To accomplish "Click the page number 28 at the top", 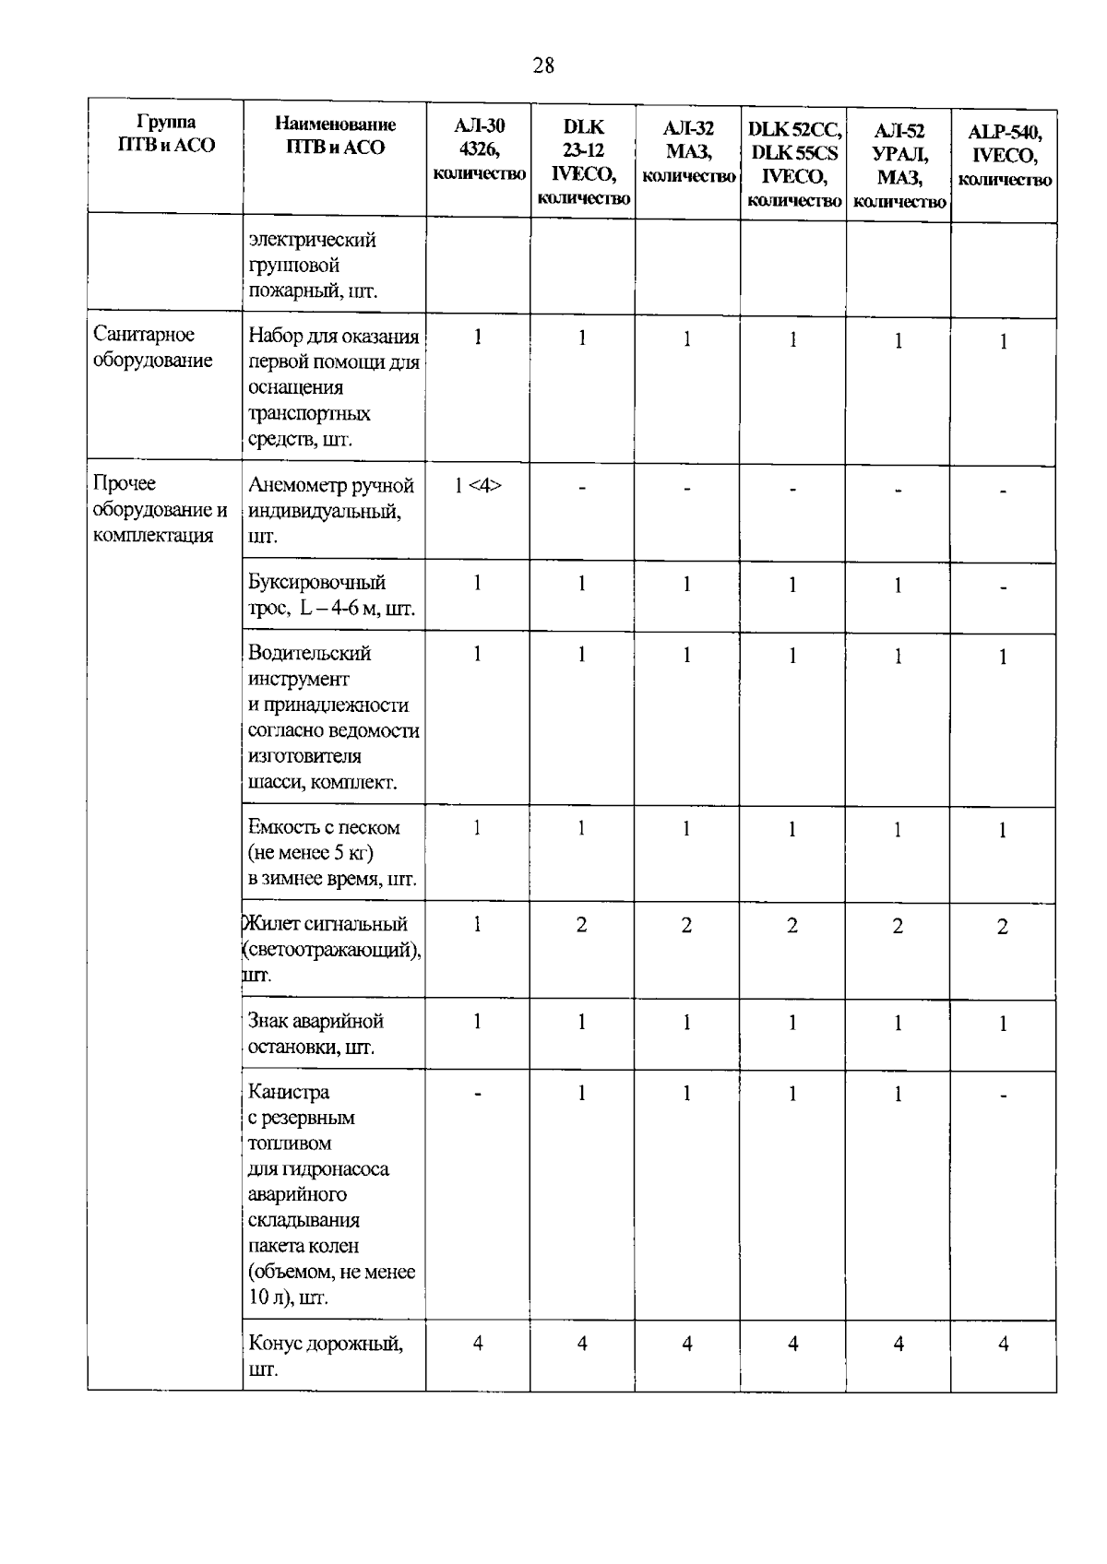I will (543, 65).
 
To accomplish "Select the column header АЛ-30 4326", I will (479, 148).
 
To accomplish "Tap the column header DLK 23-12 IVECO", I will (583, 161).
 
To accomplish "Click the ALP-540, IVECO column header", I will (1005, 155).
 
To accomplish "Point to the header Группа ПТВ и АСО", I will (166, 135).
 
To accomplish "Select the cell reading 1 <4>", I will (478, 486).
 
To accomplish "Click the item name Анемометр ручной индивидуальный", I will (330, 511).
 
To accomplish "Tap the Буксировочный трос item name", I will (330, 596).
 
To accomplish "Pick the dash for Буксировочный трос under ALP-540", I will (1004, 587).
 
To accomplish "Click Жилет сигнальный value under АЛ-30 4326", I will (478, 924).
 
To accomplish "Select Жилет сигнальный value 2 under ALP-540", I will (1003, 928).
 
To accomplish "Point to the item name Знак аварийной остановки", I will (315, 1034).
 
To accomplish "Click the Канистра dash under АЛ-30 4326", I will (478, 1094).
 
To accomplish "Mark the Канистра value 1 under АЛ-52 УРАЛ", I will (898, 1095).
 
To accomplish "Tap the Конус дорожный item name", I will (325, 1356).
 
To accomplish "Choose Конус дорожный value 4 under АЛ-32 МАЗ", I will (687, 1345).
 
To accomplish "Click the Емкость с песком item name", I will (331, 853).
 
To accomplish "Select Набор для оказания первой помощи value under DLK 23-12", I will (582, 338).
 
